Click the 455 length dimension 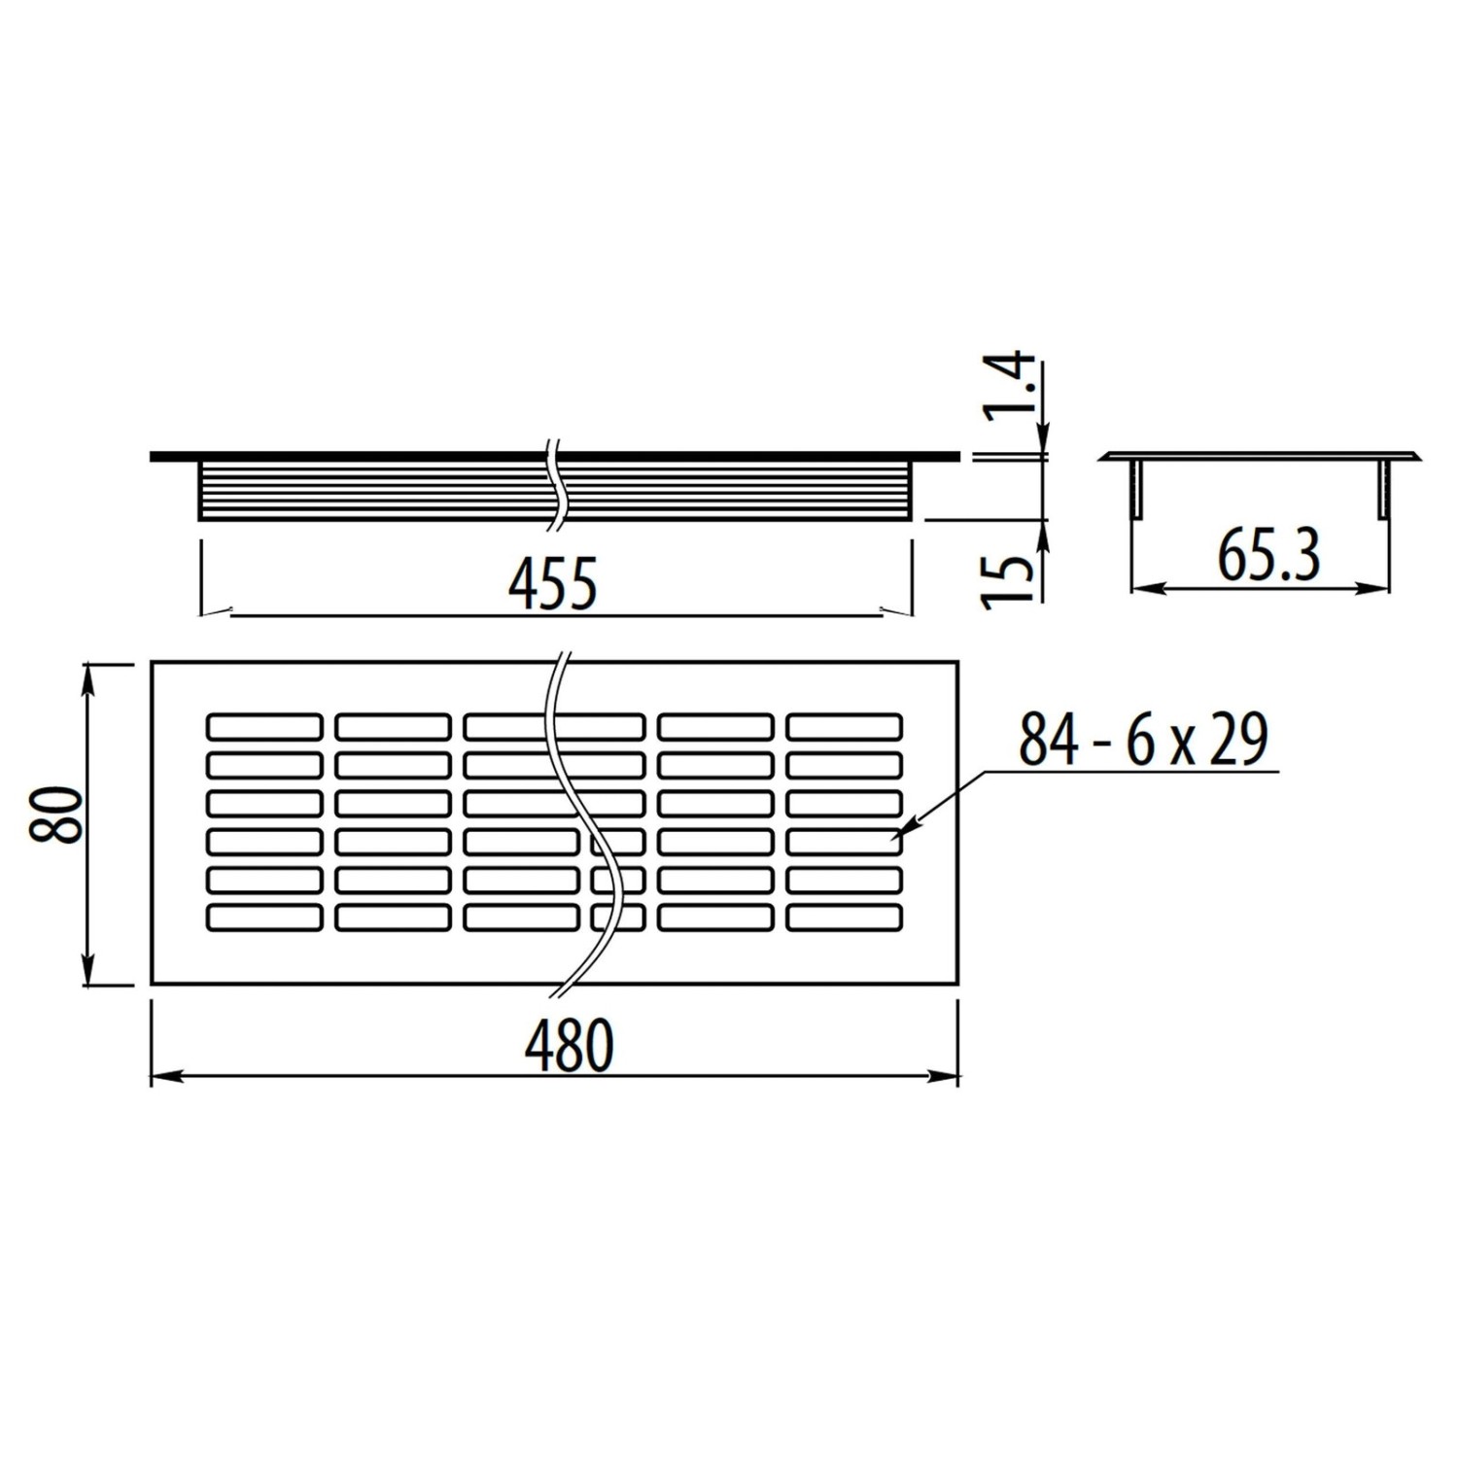point(552,585)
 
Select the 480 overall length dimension point(570,1045)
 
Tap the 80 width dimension point(55,815)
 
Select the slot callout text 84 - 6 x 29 point(1143,740)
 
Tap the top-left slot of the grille point(264,727)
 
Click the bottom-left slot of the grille point(264,918)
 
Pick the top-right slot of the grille point(844,727)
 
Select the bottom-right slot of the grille point(844,918)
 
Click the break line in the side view point(555,486)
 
